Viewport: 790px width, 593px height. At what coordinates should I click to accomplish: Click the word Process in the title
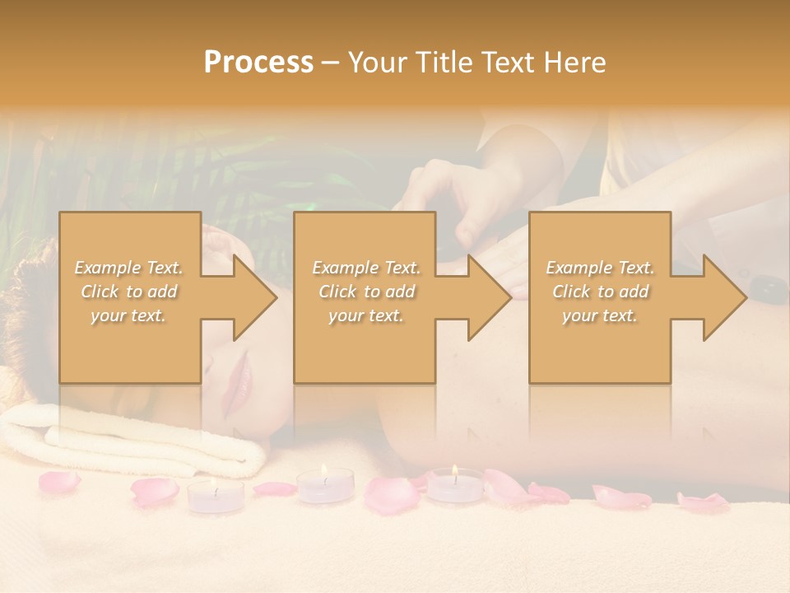[x=258, y=63]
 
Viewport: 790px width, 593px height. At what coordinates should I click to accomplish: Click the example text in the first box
[x=128, y=291]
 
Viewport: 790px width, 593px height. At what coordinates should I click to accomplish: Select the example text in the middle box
[x=365, y=291]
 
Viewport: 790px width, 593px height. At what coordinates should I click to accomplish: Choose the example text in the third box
[x=600, y=291]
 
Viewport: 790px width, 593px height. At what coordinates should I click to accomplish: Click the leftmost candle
[x=216, y=497]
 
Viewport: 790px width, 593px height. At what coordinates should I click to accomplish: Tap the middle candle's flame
[x=324, y=472]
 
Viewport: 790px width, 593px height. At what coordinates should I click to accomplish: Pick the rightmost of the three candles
[x=455, y=486]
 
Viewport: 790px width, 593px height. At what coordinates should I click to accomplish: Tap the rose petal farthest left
[x=60, y=482]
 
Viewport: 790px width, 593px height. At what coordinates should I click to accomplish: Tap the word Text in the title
[x=512, y=63]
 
